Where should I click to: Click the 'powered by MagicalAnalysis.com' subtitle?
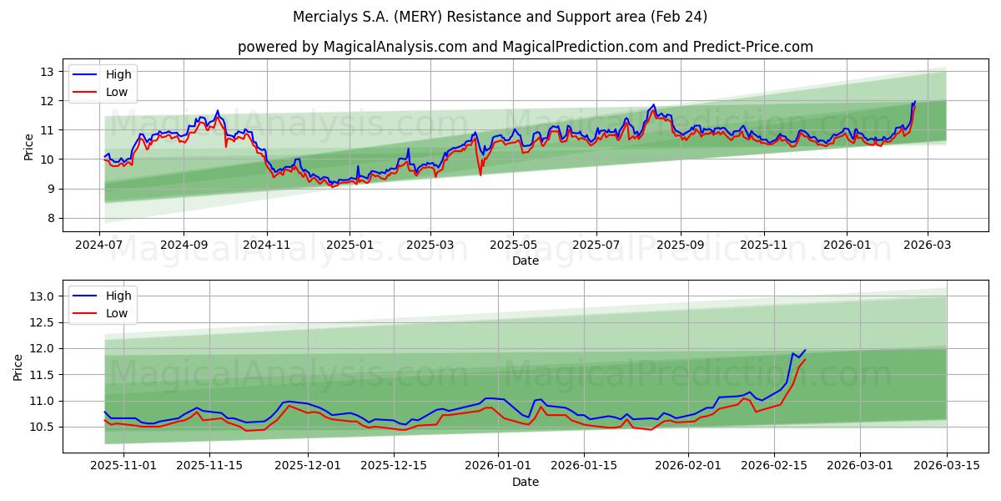[525, 47]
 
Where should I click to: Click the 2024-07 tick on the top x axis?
[100, 245]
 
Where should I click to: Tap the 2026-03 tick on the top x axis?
[927, 245]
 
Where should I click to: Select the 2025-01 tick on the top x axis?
[349, 245]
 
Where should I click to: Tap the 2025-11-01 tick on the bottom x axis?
[123, 465]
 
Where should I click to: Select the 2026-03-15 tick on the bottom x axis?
[947, 465]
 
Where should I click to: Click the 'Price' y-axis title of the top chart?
[29, 146]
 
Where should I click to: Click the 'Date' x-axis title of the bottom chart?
[525, 482]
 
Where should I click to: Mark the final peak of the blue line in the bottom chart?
[805, 350]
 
